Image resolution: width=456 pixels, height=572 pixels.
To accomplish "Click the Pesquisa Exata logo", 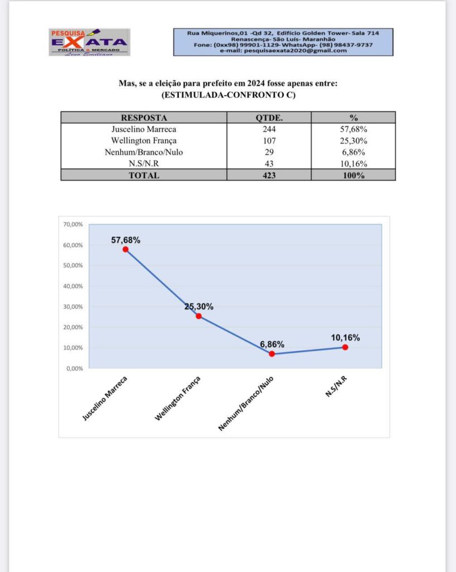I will (x=89, y=42).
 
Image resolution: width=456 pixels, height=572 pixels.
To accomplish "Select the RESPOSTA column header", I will (x=144, y=118).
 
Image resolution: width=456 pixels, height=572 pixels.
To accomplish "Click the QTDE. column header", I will (x=269, y=118).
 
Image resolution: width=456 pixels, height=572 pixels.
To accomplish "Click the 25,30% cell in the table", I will (x=353, y=141).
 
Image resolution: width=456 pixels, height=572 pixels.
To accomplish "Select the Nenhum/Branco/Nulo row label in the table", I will (x=144, y=152).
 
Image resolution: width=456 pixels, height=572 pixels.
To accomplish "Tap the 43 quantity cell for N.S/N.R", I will (x=269, y=164).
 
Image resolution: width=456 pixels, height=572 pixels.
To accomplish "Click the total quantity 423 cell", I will (x=269, y=175).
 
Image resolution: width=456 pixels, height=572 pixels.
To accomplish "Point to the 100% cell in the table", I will (x=353, y=175).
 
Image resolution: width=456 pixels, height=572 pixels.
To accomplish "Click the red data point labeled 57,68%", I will (x=126, y=250).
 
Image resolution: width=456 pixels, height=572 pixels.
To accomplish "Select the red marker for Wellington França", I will (x=198, y=316).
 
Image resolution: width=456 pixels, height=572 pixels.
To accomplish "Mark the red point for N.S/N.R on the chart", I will (x=345, y=347).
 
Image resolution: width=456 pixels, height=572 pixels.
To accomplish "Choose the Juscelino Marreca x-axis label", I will (x=106, y=398).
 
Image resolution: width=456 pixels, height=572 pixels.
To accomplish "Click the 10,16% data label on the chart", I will (x=345, y=337).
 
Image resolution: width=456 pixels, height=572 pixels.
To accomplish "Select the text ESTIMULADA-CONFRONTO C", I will (x=228, y=95).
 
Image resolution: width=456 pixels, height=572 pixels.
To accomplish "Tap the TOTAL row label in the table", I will (x=144, y=175).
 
